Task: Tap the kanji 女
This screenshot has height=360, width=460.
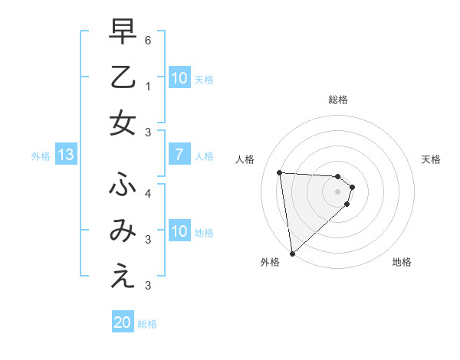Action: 123,123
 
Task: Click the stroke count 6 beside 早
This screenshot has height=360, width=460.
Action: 148,38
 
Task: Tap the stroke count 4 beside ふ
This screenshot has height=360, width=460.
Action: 148,193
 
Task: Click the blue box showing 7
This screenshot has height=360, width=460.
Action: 179,155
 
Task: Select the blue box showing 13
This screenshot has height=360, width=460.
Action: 66,155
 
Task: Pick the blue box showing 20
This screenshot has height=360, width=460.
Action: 123,322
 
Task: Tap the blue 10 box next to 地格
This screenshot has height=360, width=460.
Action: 179,231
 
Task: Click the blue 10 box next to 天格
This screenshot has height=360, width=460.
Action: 179,78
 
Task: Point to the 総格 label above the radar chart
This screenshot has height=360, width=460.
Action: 338,100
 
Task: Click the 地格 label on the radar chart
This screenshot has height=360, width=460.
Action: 402,262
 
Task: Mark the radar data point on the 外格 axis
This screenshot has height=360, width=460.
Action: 292,254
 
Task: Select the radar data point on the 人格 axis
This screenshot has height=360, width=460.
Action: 280,172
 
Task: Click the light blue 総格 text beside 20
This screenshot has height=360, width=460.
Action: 147,324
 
